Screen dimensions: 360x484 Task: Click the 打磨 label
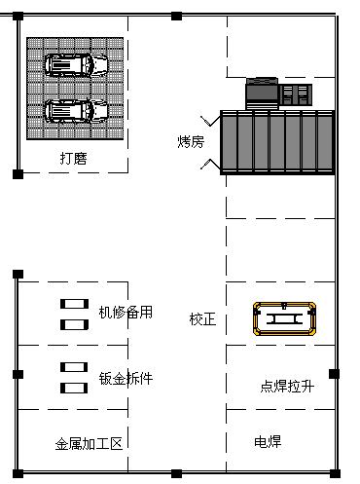point(74,159)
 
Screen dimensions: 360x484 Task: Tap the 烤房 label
point(191,142)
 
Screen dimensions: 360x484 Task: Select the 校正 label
point(202,319)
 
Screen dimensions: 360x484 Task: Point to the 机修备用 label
point(126,313)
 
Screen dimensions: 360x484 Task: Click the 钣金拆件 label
point(126,378)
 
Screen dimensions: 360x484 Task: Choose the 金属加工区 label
point(89,444)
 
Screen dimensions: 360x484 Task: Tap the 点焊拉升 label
point(287,387)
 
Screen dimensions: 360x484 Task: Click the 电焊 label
point(268,442)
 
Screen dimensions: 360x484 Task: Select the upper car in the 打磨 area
point(76,65)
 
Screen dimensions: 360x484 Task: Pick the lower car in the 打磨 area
point(76,111)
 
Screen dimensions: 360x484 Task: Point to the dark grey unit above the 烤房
point(262,93)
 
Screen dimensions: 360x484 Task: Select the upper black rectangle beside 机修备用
point(74,304)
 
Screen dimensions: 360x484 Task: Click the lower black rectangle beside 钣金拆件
point(74,388)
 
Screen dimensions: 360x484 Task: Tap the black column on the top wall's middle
point(176,16)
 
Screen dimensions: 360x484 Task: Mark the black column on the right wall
point(334,374)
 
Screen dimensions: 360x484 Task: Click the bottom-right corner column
point(335,473)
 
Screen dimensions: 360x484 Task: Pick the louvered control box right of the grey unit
point(296,94)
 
